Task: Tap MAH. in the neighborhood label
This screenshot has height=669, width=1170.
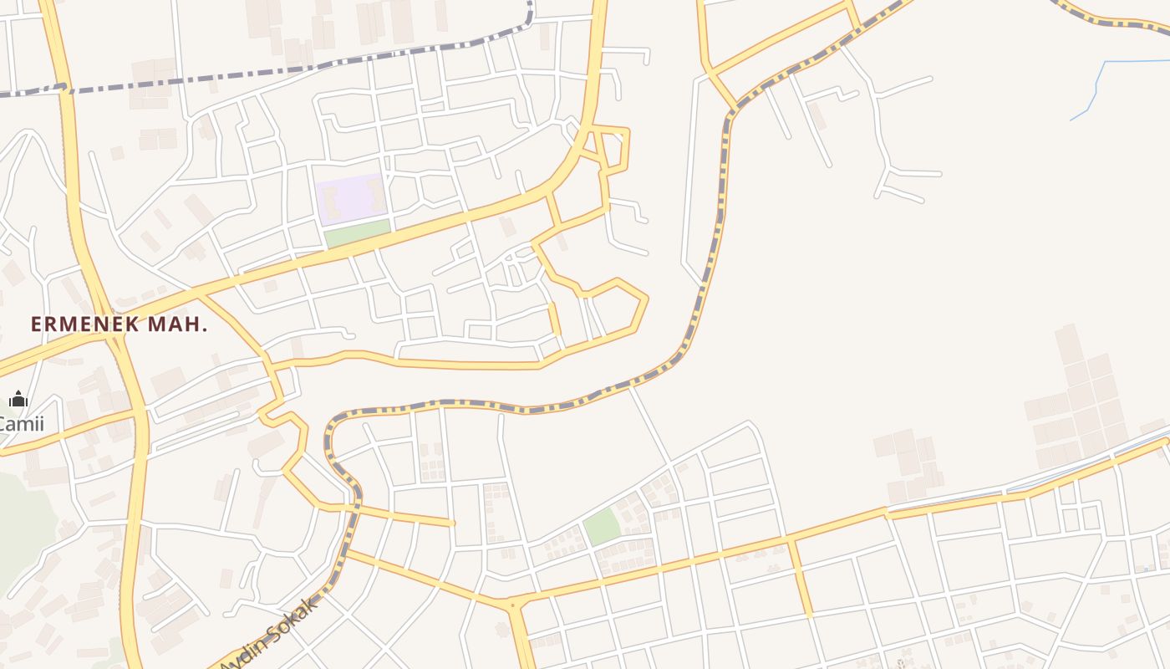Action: click(177, 324)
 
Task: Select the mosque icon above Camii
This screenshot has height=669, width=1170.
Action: click(18, 399)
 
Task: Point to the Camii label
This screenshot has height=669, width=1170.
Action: click(21, 423)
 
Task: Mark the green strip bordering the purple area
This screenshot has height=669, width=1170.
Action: click(358, 233)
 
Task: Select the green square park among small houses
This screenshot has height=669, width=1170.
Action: click(602, 527)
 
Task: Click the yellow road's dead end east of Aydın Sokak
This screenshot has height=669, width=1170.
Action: click(452, 523)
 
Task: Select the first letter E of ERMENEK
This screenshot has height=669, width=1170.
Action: click(37, 324)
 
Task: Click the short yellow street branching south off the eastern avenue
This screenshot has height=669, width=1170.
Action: click(801, 577)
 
